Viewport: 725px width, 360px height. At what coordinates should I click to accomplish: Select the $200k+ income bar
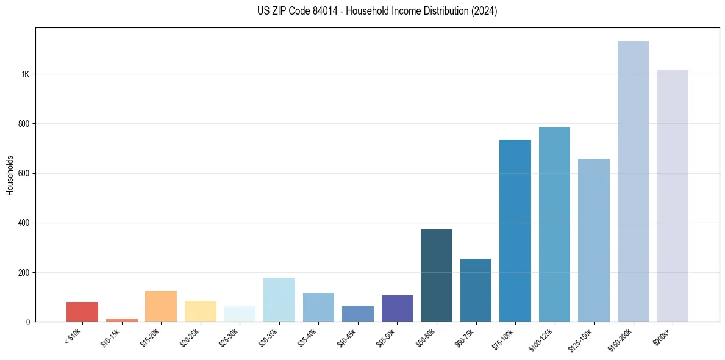pyautogui.click(x=672, y=195)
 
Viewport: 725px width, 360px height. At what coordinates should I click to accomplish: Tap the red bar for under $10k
pyautogui.click(x=82, y=312)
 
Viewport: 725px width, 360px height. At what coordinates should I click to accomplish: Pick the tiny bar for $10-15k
pyautogui.click(x=121, y=320)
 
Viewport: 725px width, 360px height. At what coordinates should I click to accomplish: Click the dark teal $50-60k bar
pyautogui.click(x=437, y=275)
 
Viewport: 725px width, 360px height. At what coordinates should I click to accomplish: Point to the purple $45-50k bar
pyautogui.click(x=397, y=308)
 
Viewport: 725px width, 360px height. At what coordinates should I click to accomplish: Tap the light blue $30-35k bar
pyautogui.click(x=279, y=300)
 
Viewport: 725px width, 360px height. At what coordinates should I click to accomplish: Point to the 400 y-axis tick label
pyautogui.click(x=24, y=223)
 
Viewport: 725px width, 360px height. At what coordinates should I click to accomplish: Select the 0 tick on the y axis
pyautogui.click(x=28, y=322)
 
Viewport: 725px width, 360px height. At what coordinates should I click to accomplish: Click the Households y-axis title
pyautogui.click(x=10, y=175)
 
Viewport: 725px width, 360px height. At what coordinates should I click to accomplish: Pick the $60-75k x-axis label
pyautogui.click(x=468, y=337)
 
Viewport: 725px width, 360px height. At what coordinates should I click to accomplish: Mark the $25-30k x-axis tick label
pyautogui.click(x=232, y=337)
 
